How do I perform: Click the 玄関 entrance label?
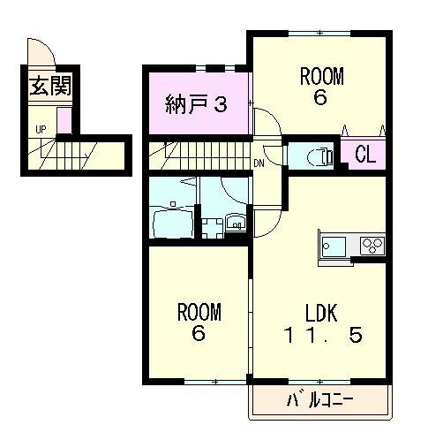[50, 86]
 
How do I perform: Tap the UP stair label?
[41, 129]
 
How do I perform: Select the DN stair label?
[259, 163]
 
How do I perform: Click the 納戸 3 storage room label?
[197, 104]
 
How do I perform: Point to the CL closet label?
[365, 154]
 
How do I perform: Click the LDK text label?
[321, 313]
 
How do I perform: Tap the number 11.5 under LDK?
[323, 336]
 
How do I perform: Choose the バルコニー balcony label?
[320, 401]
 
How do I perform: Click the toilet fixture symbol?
[319, 156]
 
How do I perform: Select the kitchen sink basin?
[334, 247]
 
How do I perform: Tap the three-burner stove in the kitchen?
[372, 246]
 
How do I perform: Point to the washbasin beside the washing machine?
[236, 224]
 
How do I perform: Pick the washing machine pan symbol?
[211, 228]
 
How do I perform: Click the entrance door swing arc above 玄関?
[41, 52]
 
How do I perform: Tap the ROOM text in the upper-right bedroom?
[321, 76]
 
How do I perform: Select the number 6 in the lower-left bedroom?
[199, 334]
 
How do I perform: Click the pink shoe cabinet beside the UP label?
[64, 121]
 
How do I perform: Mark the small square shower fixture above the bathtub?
[173, 203]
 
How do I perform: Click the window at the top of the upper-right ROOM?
[319, 34]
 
